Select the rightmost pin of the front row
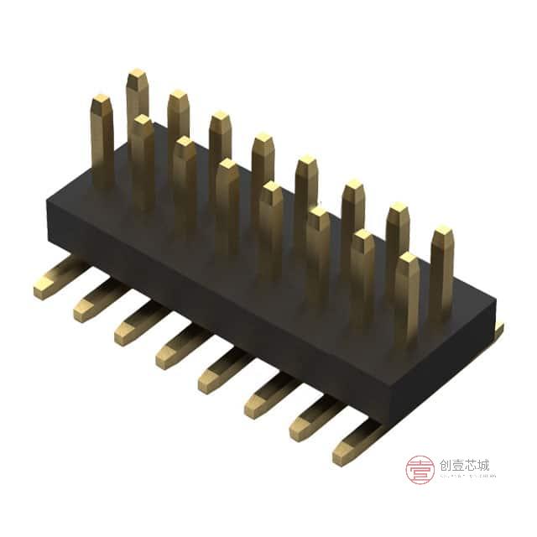(407, 298)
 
